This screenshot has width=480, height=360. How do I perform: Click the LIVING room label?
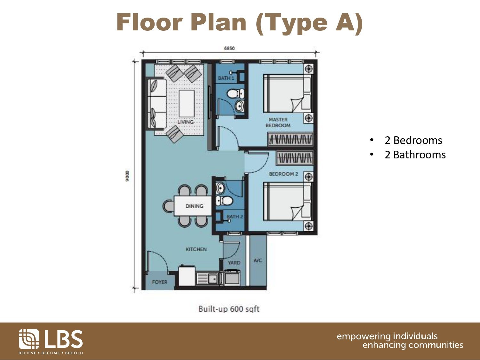[185, 122]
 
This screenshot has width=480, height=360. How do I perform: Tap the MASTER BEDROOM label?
[278, 123]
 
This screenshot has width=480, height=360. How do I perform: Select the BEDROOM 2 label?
[284, 174]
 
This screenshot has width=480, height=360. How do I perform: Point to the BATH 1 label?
[226, 78]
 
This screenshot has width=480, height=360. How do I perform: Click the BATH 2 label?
[235, 217]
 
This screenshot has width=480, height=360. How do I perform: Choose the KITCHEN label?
[196, 249]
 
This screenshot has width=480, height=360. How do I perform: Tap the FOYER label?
[160, 282]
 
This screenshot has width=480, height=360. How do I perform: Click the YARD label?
[234, 262]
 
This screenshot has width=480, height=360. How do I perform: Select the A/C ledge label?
[258, 260]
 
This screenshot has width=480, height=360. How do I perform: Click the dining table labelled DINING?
[193, 206]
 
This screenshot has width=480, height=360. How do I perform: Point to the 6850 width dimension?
[229, 48]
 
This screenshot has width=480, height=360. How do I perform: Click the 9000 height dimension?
[127, 176]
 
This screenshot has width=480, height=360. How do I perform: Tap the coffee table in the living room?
[187, 104]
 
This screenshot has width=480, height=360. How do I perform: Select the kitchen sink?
[208, 279]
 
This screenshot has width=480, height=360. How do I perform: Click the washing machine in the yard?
[232, 277]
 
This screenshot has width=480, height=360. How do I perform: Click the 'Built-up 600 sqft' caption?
[229, 309]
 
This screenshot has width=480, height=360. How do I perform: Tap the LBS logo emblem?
[29, 339]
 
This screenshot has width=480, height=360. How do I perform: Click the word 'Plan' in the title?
[219, 22]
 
